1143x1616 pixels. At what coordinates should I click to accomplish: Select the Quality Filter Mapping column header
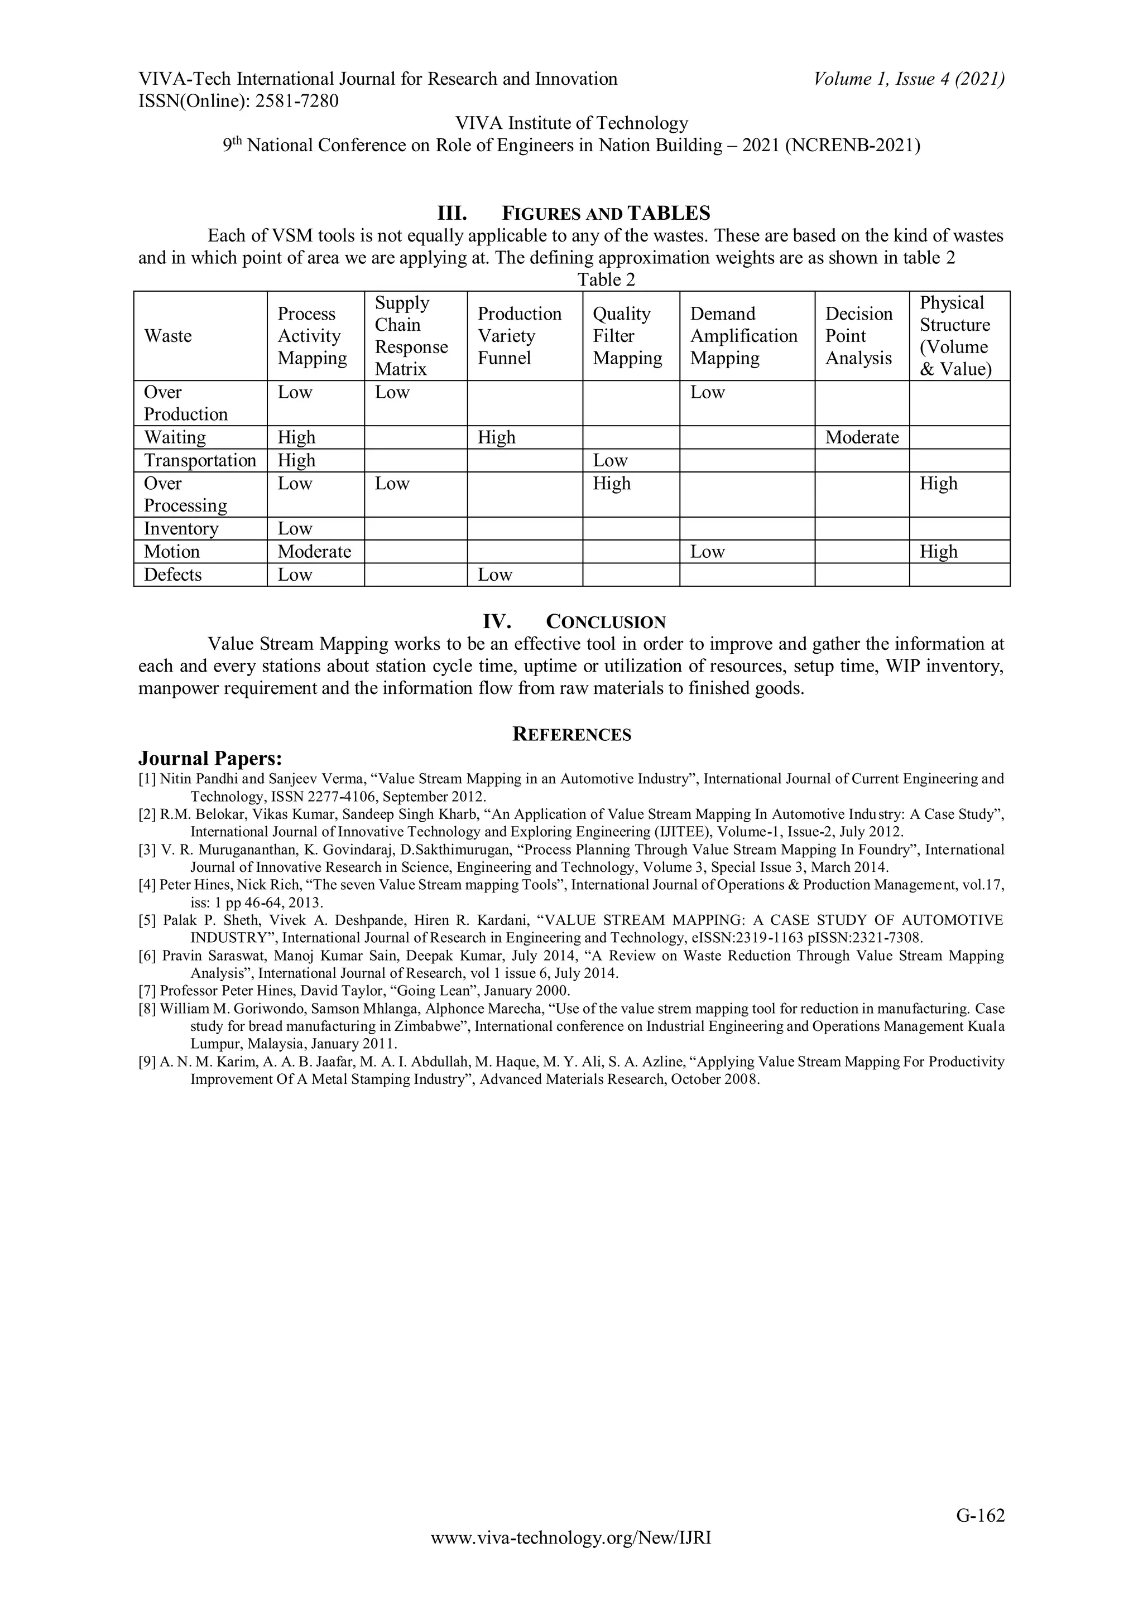pos(627,336)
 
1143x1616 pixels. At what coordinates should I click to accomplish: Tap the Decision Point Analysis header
pos(858,336)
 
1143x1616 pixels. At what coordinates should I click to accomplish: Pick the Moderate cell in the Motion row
pos(314,551)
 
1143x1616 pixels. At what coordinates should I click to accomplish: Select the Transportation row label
pos(200,460)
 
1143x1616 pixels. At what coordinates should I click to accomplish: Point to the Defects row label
pos(172,575)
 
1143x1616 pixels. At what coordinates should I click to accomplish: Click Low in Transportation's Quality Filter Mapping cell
pos(610,460)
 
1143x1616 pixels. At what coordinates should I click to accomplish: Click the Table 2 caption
pos(606,279)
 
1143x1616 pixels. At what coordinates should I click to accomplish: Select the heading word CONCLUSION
pos(606,622)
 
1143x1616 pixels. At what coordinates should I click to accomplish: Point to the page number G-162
pos(979,1535)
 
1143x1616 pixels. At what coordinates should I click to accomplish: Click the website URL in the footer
pos(570,1557)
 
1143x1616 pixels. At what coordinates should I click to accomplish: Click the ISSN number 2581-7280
pos(296,102)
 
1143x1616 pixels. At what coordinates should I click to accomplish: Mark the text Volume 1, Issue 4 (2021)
pos(909,79)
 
